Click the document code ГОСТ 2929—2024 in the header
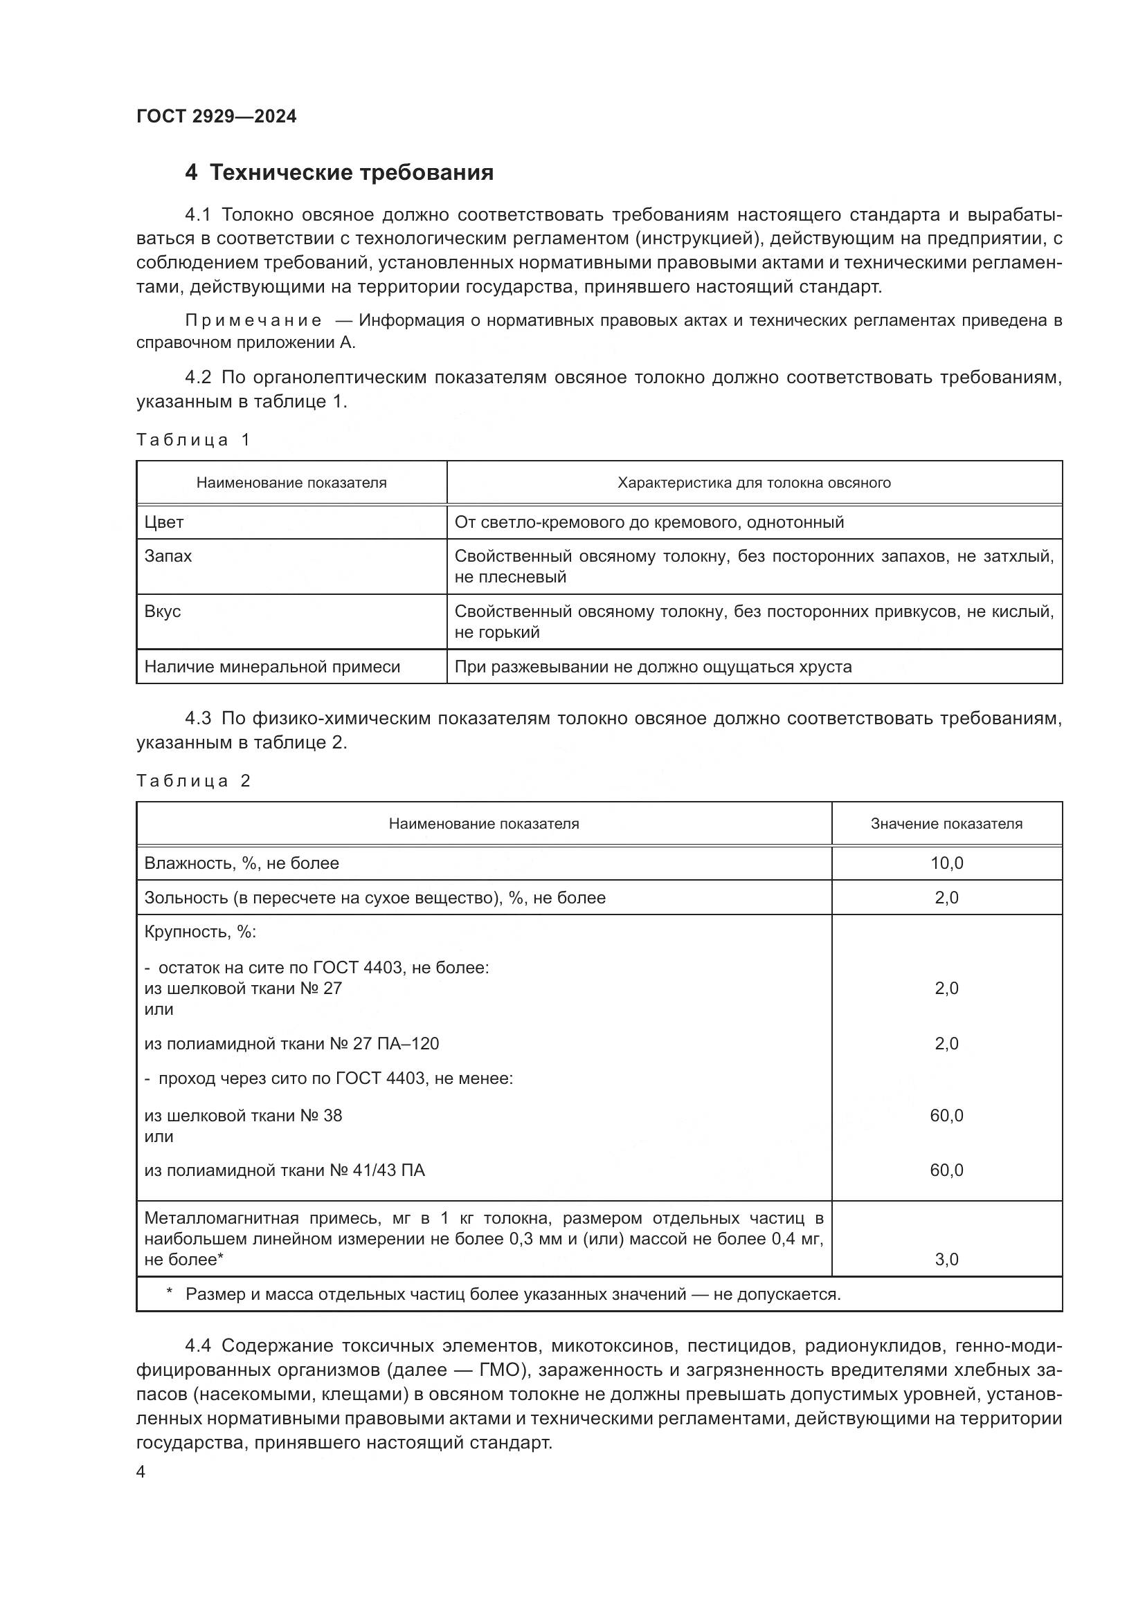pyautogui.click(x=217, y=116)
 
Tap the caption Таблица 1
pyautogui.click(x=193, y=440)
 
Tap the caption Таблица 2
pyautogui.click(x=193, y=781)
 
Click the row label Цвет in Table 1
pyautogui.click(x=163, y=522)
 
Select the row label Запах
pyautogui.click(x=168, y=556)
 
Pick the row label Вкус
pyautogui.click(x=162, y=611)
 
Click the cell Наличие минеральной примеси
pyautogui.click(x=272, y=667)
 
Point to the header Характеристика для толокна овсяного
pyautogui.click(x=754, y=483)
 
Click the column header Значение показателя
pyautogui.click(x=946, y=824)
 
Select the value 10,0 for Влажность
pyautogui.click(x=946, y=863)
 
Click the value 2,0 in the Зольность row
pyautogui.click(x=946, y=898)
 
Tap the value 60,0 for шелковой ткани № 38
pyautogui.click(x=946, y=1116)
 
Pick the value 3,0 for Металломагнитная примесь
pyautogui.click(x=946, y=1259)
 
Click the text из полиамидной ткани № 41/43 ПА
pyautogui.click(x=284, y=1170)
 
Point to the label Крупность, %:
pyautogui.click(x=200, y=932)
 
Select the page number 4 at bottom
pyautogui.click(x=141, y=1472)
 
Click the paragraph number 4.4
pyautogui.click(x=197, y=1346)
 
